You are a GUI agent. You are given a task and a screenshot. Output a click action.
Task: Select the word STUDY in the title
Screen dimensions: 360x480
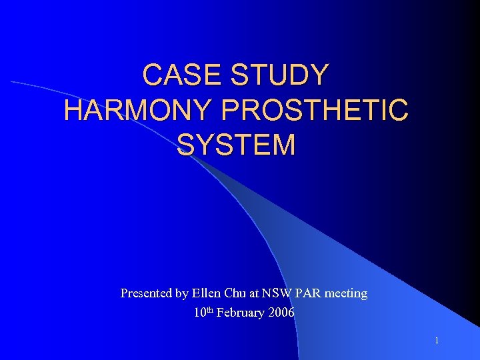coord(279,75)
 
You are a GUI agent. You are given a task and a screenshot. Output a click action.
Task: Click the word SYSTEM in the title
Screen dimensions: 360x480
coord(236,145)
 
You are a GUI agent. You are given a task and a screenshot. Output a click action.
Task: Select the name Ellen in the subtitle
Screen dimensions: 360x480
coord(209,293)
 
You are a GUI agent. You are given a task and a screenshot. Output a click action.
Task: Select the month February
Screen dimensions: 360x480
coord(242,312)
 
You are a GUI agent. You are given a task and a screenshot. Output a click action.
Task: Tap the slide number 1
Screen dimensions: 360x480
coord(437,341)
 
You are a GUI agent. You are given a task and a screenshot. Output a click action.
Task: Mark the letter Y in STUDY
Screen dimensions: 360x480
coord(319,75)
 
